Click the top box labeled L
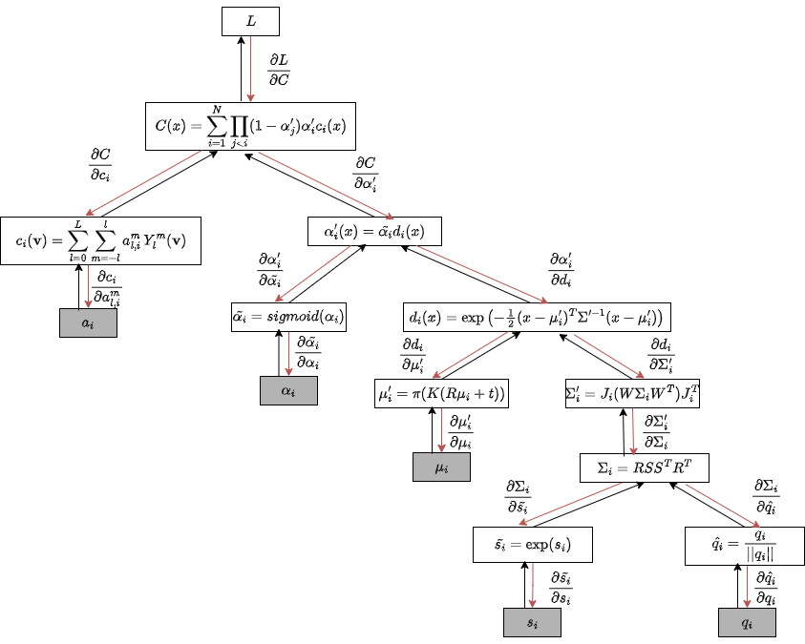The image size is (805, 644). coord(249,21)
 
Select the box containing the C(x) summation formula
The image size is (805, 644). coord(250,126)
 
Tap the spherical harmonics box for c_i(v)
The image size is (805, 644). coord(93,240)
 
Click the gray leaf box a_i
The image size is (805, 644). coord(87,323)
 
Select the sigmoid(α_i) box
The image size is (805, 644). coord(288,317)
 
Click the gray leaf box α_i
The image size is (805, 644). coord(288,391)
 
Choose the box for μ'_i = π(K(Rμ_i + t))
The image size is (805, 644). coord(441,392)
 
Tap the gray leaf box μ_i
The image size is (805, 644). coord(442,467)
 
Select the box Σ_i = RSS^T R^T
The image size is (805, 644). coord(645,467)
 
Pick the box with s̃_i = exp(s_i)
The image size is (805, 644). coord(533,546)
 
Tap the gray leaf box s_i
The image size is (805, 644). coord(532,621)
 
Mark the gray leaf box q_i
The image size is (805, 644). coord(747,621)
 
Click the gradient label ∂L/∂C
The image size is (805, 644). coord(278,71)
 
